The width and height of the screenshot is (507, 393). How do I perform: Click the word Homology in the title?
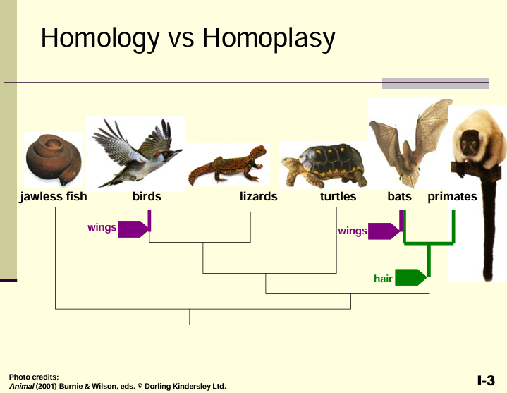100,39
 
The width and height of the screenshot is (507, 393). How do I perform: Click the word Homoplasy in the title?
269,39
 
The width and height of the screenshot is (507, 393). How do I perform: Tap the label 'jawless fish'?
54,197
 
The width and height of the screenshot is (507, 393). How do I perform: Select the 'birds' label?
147,196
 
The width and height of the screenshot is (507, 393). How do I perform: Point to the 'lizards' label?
259,196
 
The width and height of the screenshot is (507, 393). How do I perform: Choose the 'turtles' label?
338,196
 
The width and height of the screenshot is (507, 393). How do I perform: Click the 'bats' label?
400,196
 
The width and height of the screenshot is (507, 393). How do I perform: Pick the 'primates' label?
453,197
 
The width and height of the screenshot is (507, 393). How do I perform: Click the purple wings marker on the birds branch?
133,229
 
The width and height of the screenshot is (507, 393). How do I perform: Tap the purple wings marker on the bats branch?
384,231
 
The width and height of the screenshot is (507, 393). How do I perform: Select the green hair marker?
410,277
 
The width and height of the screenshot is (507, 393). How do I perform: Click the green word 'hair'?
383,279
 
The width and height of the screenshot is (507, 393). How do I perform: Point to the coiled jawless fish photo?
54,159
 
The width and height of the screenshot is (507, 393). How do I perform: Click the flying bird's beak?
178,152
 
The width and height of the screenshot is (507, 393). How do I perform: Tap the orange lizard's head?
258,152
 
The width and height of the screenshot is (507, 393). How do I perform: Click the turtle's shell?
333,161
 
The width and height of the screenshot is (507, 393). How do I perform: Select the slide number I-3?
486,380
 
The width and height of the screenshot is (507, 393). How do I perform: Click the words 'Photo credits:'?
34,377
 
